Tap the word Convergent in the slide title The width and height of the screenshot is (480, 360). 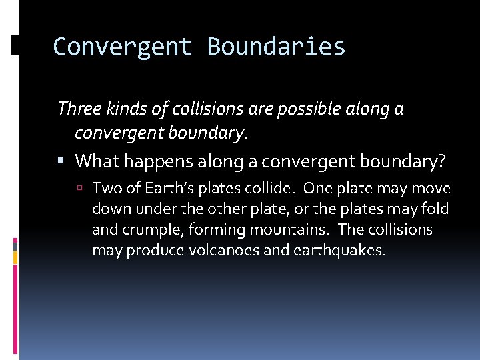(123, 46)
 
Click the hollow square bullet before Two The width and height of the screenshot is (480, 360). (82, 189)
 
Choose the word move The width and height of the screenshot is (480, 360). (433, 189)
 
